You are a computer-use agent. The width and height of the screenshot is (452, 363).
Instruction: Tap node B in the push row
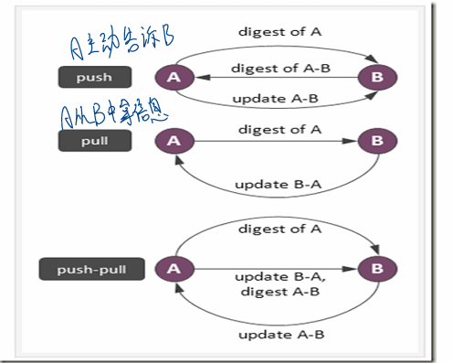[377, 78]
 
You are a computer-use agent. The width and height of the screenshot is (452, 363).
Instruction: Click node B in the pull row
[377, 141]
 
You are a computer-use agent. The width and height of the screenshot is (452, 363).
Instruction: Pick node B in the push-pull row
[377, 269]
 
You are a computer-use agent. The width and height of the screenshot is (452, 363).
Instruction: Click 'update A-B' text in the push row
[274, 99]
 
